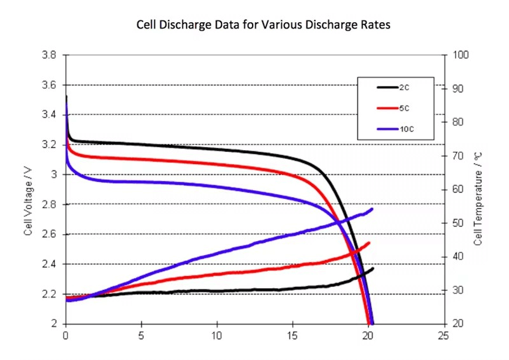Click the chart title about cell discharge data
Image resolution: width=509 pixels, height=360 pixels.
(x=263, y=25)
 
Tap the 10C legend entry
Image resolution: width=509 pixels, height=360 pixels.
(x=407, y=130)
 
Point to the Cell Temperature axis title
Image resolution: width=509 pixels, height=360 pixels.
(x=478, y=199)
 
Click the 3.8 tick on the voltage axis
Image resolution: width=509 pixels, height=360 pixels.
(x=50, y=55)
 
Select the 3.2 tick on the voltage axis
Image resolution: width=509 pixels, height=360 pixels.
(x=50, y=145)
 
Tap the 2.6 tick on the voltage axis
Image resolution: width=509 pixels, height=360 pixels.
(x=50, y=234)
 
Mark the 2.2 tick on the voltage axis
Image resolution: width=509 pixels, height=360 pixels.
(x=50, y=294)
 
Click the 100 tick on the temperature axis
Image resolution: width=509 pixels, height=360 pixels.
(x=460, y=55)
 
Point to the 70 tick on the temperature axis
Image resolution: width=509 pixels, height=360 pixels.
(x=458, y=156)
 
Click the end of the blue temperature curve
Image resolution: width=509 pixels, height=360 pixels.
(x=372, y=209)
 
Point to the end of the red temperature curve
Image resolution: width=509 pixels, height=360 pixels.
(x=369, y=243)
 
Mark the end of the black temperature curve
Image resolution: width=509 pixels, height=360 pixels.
(x=373, y=268)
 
